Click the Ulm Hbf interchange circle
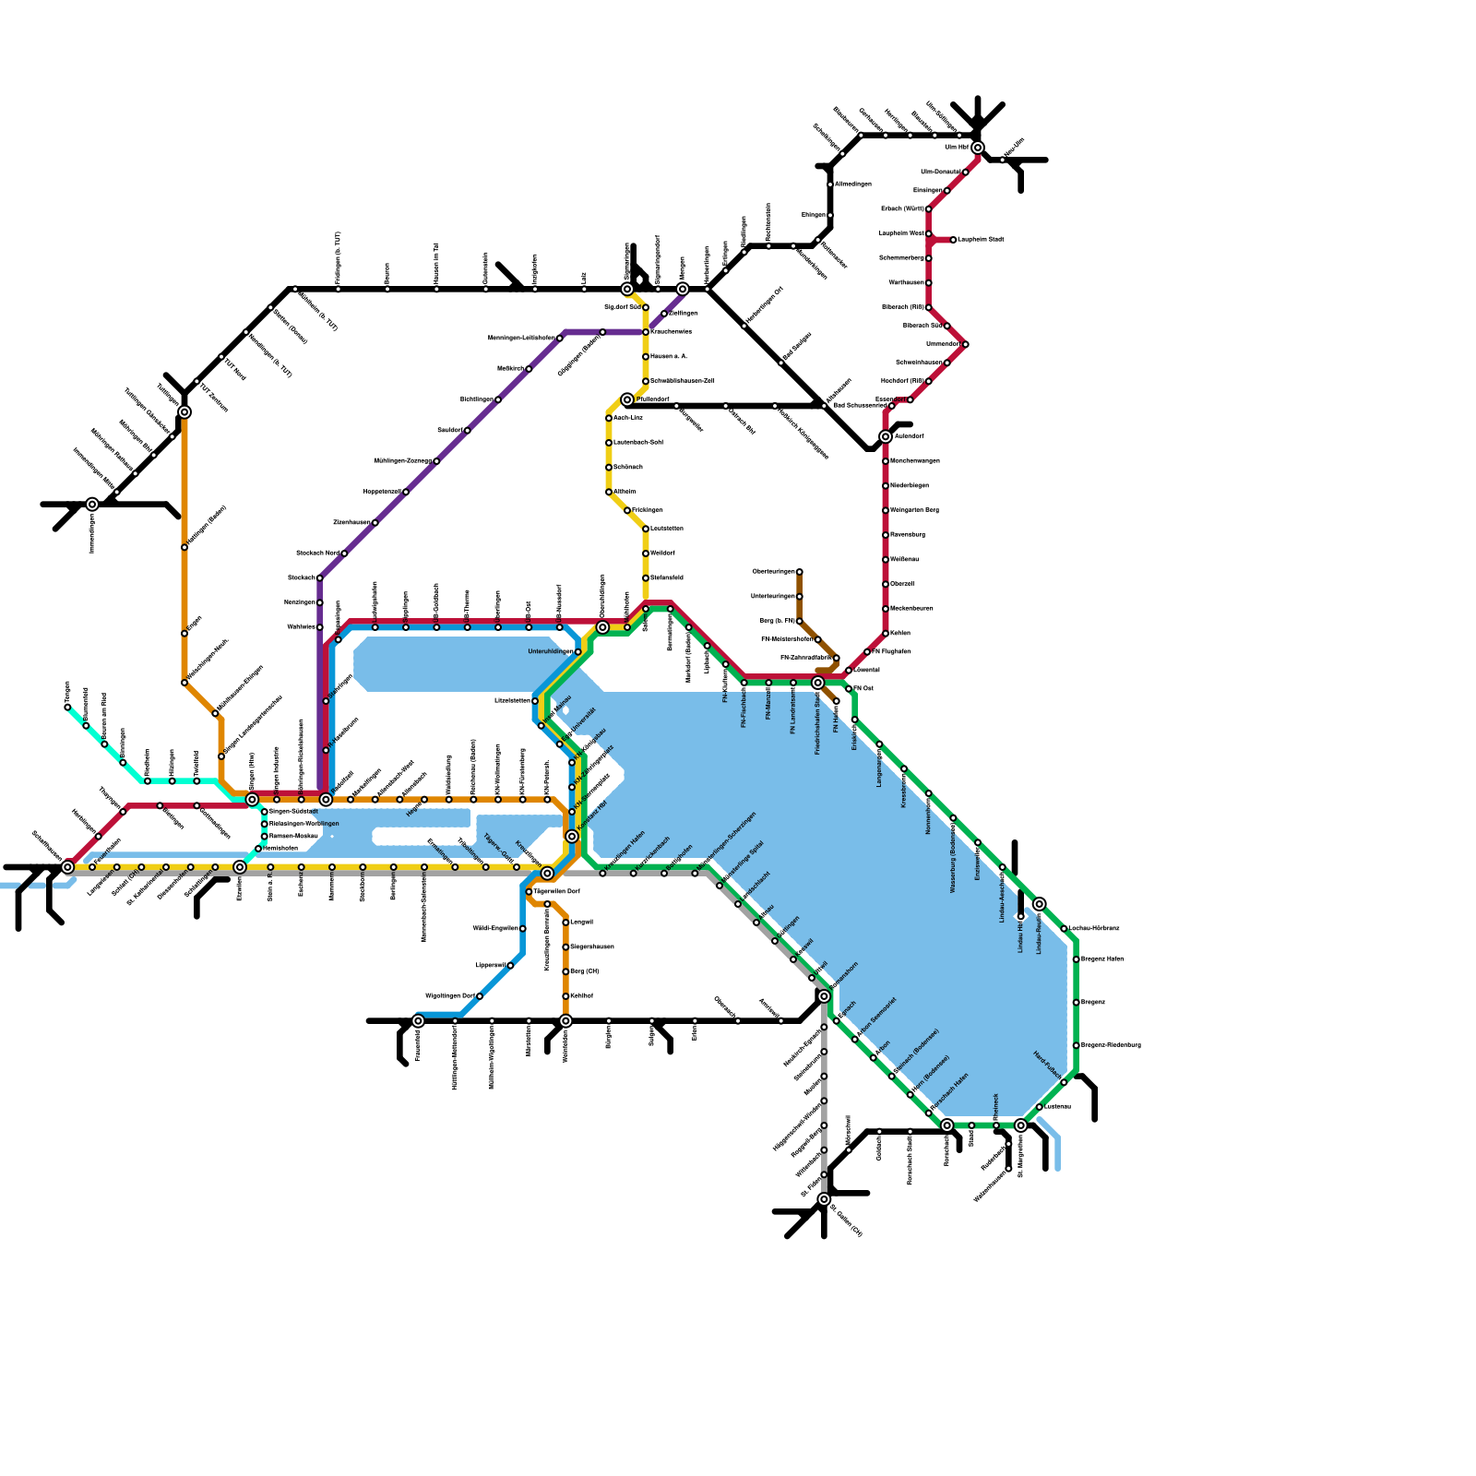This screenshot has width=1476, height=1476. pyautogui.click(x=977, y=148)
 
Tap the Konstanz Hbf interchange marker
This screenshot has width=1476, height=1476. pyautogui.click(x=572, y=836)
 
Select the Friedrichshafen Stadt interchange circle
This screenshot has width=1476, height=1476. pyautogui.click(x=817, y=683)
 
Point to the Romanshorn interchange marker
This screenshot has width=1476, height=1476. pyautogui.click(x=824, y=996)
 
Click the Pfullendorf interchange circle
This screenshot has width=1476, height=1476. pyautogui.click(x=627, y=399)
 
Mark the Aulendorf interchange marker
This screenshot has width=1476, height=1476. pyautogui.click(x=886, y=436)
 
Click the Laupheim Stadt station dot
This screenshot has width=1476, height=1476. pyautogui.click(x=953, y=240)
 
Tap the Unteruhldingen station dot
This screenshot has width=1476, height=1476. pyautogui.click(x=577, y=652)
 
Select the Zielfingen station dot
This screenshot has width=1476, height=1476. pyautogui.click(x=664, y=314)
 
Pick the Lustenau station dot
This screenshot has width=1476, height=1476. pyautogui.click(x=1039, y=1107)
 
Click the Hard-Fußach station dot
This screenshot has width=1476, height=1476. pyautogui.click(x=1064, y=1082)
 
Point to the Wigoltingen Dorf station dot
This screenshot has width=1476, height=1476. pyautogui.click(x=480, y=996)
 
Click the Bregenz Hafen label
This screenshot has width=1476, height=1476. pyautogui.click(x=1102, y=959)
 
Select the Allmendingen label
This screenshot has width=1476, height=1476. pyautogui.click(x=853, y=184)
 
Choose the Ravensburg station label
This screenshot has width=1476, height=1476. pyautogui.click(x=908, y=535)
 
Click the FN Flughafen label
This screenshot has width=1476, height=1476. pyautogui.click(x=891, y=652)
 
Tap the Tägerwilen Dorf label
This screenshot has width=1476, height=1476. pyautogui.click(x=556, y=892)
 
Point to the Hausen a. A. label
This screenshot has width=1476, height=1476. pyautogui.click(x=669, y=356)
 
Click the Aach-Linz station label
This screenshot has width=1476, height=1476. pyautogui.click(x=628, y=418)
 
